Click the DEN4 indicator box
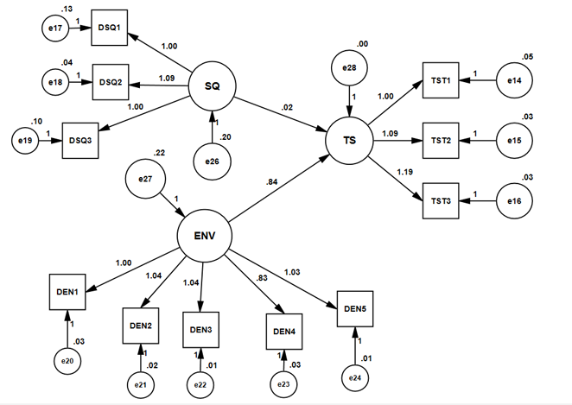point(284,331)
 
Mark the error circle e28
point(349,66)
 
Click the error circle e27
point(144,180)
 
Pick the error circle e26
point(213,161)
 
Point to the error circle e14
point(513,81)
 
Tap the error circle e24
point(358,377)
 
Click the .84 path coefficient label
point(274,182)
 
